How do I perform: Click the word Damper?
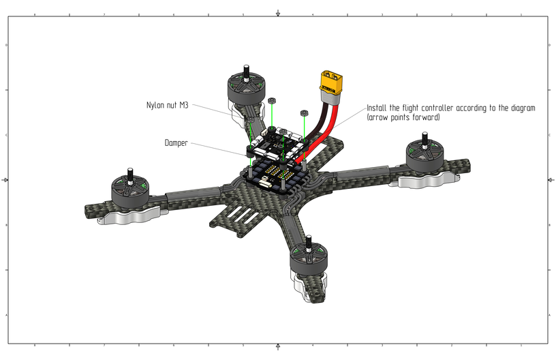pyautogui.click(x=176, y=143)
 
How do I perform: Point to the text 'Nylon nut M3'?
pyautogui.click(x=167, y=105)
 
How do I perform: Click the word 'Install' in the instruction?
pyautogui.click(x=378, y=108)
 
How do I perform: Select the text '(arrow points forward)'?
pyautogui.click(x=403, y=118)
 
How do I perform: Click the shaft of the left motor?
pyautogui.click(x=127, y=172)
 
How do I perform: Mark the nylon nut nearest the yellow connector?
pyautogui.click(x=303, y=112)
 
